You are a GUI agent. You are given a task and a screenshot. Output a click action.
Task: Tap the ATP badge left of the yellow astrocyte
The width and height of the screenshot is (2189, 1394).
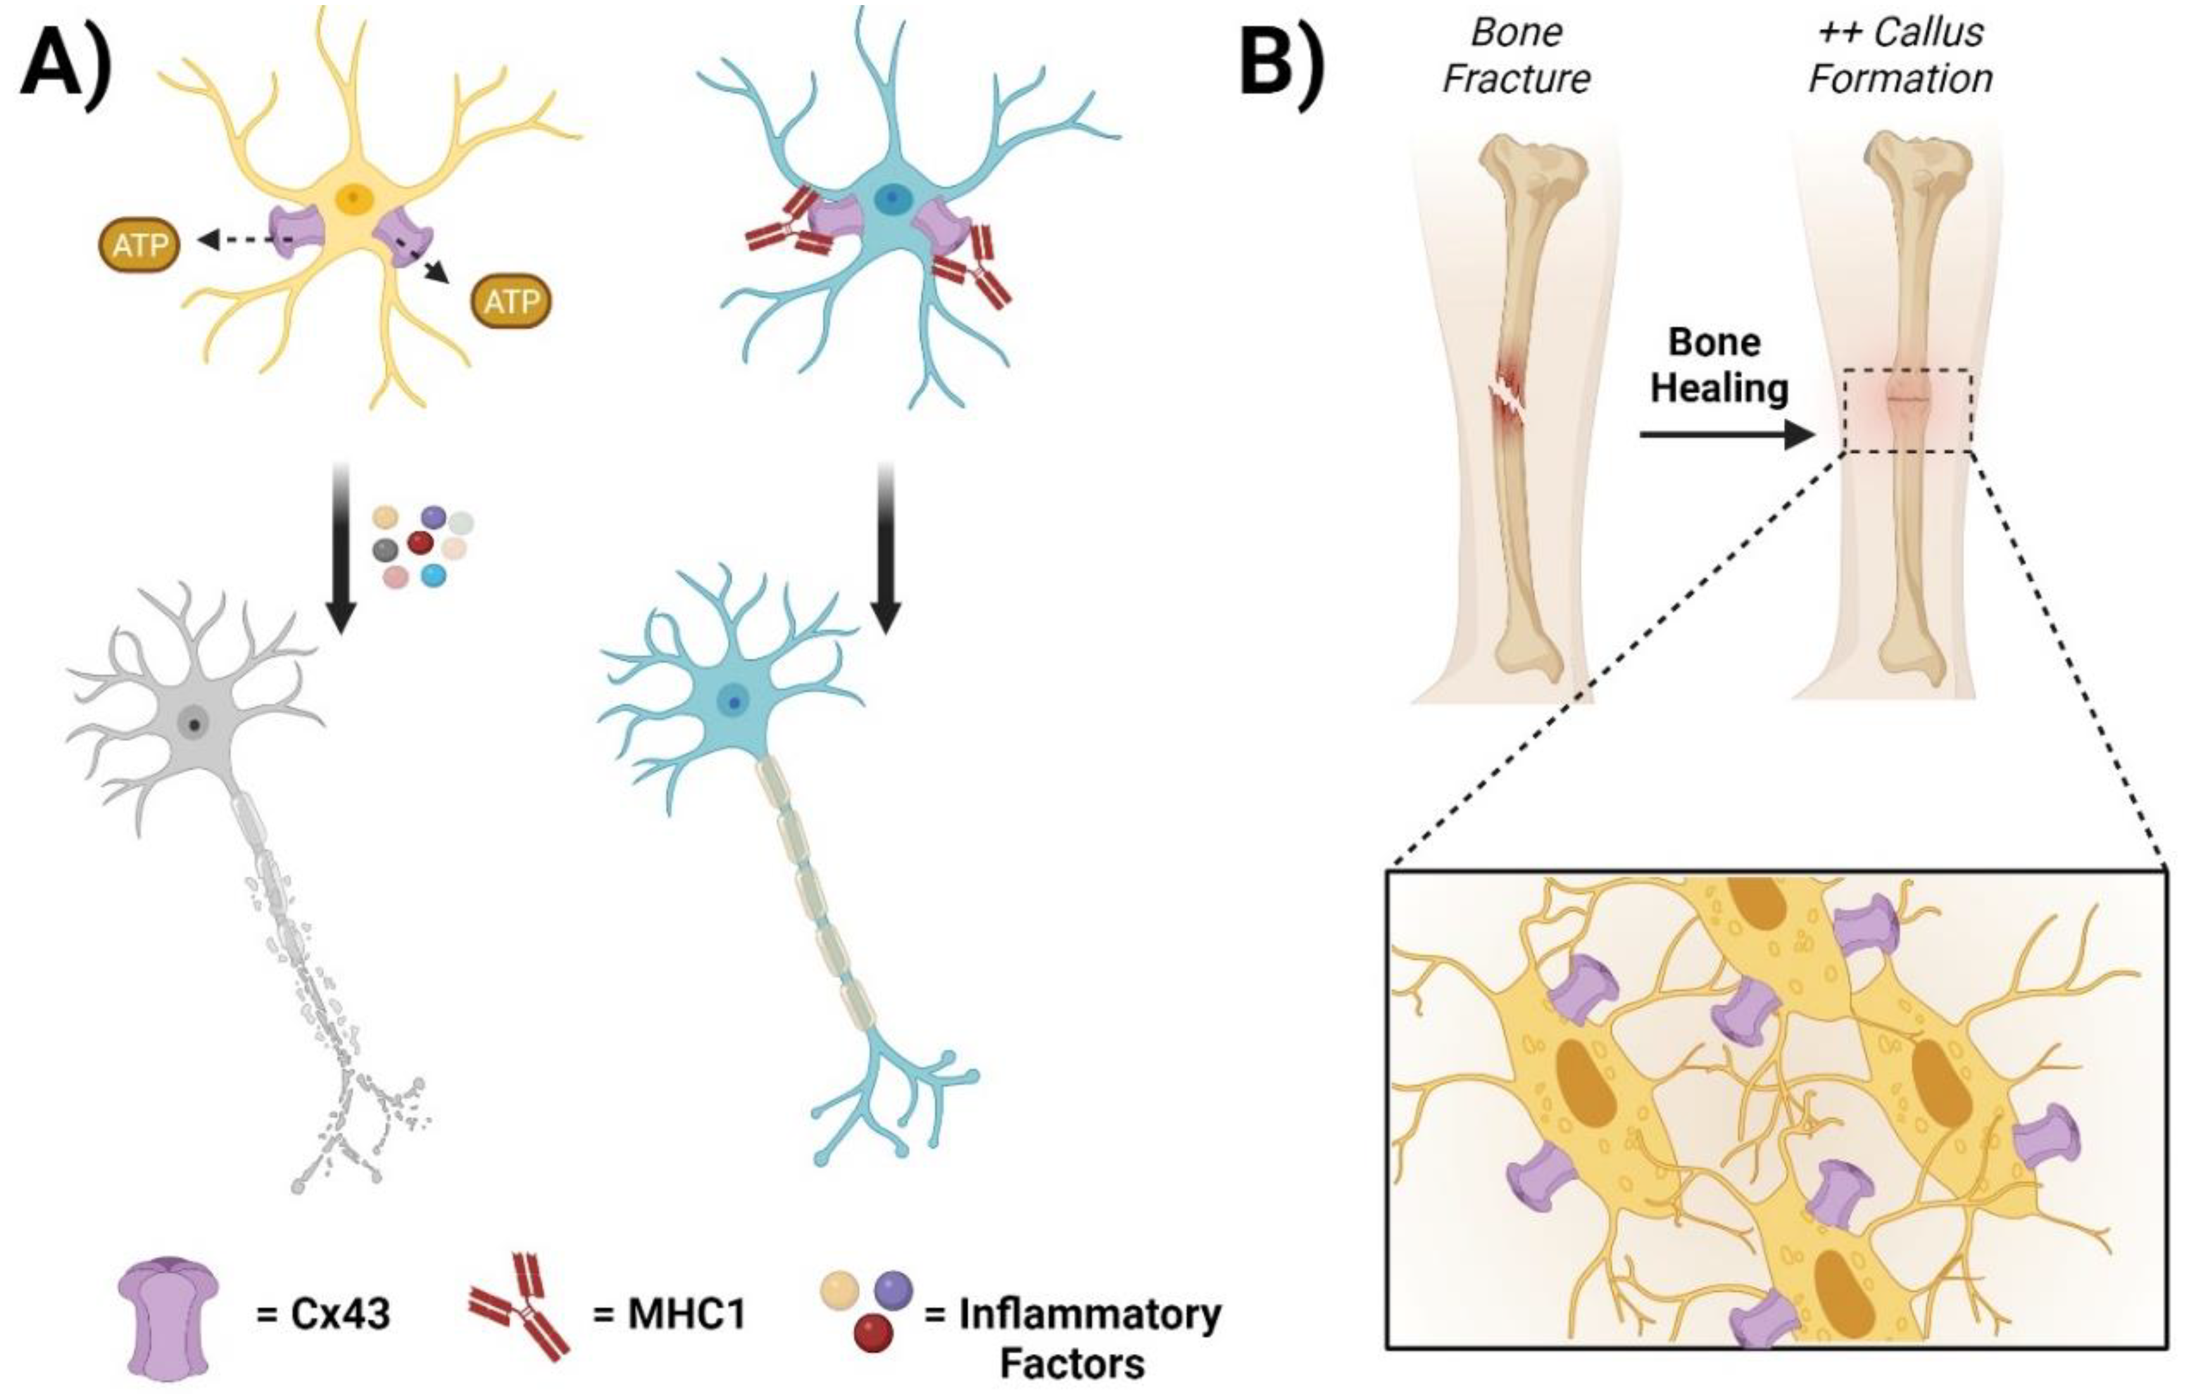[139, 244]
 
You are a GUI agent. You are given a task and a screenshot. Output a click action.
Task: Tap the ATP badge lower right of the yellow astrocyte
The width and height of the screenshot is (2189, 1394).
[511, 301]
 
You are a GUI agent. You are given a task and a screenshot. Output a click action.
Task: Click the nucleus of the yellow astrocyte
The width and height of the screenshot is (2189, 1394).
[353, 198]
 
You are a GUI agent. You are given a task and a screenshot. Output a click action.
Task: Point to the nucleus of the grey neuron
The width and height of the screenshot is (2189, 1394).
[194, 725]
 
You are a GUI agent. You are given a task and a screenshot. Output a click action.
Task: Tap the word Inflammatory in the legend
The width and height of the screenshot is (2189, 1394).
[1089, 1313]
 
